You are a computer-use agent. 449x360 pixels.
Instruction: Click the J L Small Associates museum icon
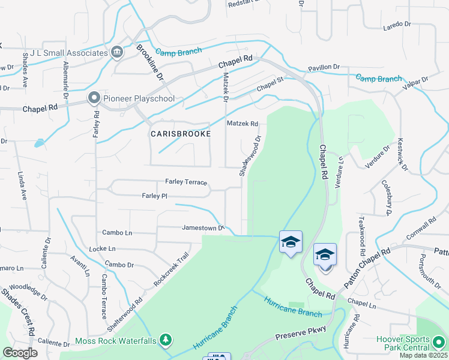116,53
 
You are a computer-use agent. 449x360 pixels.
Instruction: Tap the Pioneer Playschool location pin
94,98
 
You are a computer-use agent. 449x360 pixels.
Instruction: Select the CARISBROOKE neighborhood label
180,134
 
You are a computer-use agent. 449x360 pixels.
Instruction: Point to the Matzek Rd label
243,124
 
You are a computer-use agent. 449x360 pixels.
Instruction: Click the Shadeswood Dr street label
250,155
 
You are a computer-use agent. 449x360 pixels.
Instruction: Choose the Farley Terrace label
186,182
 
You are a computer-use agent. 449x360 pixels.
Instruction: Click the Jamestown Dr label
203,227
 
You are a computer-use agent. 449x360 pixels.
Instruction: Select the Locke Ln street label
101,248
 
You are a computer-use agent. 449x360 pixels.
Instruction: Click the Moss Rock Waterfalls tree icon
165,341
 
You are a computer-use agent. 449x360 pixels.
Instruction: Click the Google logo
20,353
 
